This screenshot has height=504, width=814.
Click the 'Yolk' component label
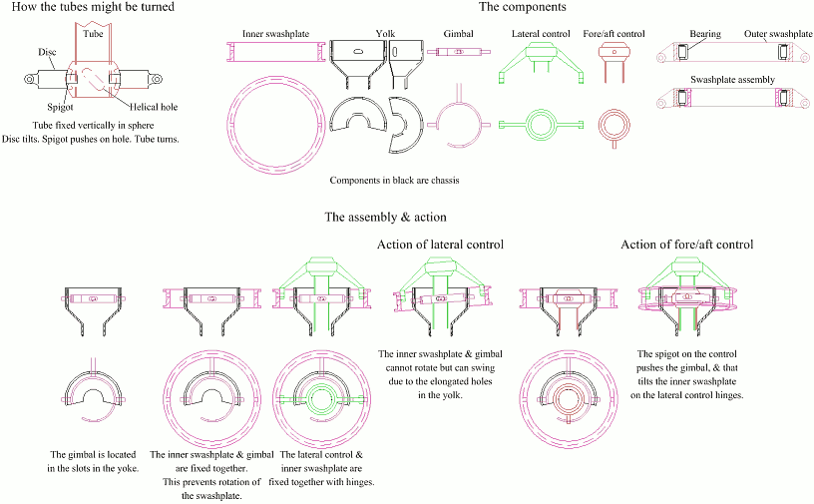(x=385, y=34)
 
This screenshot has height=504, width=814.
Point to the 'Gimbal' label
(x=458, y=34)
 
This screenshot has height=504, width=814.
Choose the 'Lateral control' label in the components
(x=539, y=34)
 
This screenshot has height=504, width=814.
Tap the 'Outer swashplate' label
(x=775, y=34)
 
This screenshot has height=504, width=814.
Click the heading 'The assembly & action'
(x=385, y=217)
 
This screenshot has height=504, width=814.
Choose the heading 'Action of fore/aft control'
(x=686, y=245)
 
